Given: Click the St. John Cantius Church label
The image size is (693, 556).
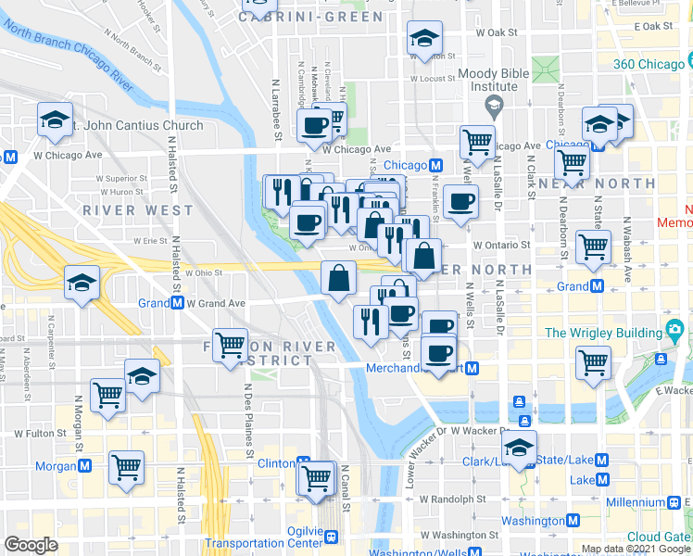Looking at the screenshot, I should click(x=139, y=126).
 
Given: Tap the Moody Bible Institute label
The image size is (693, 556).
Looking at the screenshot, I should click(x=494, y=80).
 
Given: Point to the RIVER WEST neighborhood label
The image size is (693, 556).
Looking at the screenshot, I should click(x=125, y=210).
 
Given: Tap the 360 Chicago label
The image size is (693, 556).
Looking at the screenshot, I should click(x=648, y=64).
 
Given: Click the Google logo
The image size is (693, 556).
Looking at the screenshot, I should click(x=31, y=545).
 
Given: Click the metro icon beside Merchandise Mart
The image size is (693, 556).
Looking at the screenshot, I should click(x=472, y=369).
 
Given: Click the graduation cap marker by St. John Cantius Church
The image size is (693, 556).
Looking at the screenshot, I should click(x=56, y=119).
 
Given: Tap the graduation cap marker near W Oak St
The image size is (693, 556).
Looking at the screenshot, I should click(x=424, y=39).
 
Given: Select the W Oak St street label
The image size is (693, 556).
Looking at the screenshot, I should click(x=496, y=32).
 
